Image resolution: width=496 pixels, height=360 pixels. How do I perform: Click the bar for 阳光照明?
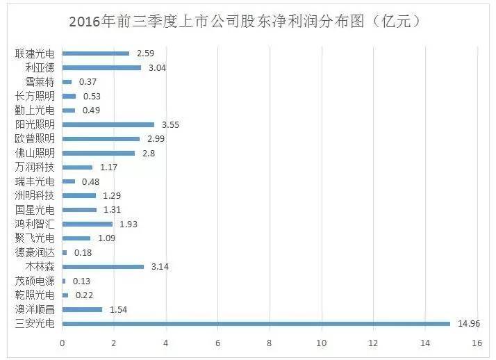point(108,124)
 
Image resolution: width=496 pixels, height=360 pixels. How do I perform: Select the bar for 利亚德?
point(101,67)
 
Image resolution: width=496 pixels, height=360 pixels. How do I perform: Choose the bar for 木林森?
point(103,267)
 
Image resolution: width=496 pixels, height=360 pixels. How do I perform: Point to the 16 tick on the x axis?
point(477,343)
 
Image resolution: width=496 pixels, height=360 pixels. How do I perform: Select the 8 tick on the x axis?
point(270,343)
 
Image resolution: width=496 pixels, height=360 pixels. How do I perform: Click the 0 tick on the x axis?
point(63,343)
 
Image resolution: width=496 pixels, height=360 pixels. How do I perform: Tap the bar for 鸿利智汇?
point(88,224)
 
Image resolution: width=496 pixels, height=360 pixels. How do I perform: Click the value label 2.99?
point(156,139)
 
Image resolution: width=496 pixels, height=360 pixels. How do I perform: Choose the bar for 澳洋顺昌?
point(82,309)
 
